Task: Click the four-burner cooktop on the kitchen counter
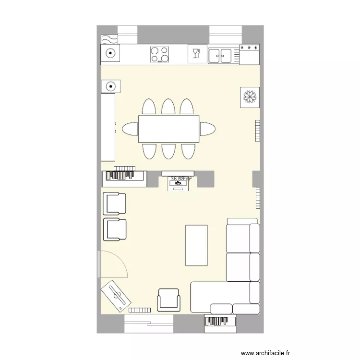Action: [x=160, y=54]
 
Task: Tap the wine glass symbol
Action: [x=196, y=53]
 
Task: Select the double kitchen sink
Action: [x=220, y=55]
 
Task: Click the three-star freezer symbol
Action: [x=249, y=48]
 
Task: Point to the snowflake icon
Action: [x=250, y=97]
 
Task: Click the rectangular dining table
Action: [x=168, y=129]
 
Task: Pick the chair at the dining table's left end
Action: [x=130, y=129]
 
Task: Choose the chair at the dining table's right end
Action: [x=207, y=129]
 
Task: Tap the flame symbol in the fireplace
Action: [x=178, y=183]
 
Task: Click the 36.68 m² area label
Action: [x=181, y=179]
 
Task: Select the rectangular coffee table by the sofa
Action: [x=197, y=245]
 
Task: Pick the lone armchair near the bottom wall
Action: [x=168, y=300]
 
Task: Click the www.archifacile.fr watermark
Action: [x=265, y=353]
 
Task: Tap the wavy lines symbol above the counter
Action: [x=109, y=39]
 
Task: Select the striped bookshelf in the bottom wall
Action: [x=220, y=323]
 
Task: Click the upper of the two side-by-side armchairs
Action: [x=114, y=204]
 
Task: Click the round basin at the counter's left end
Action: [x=110, y=54]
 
